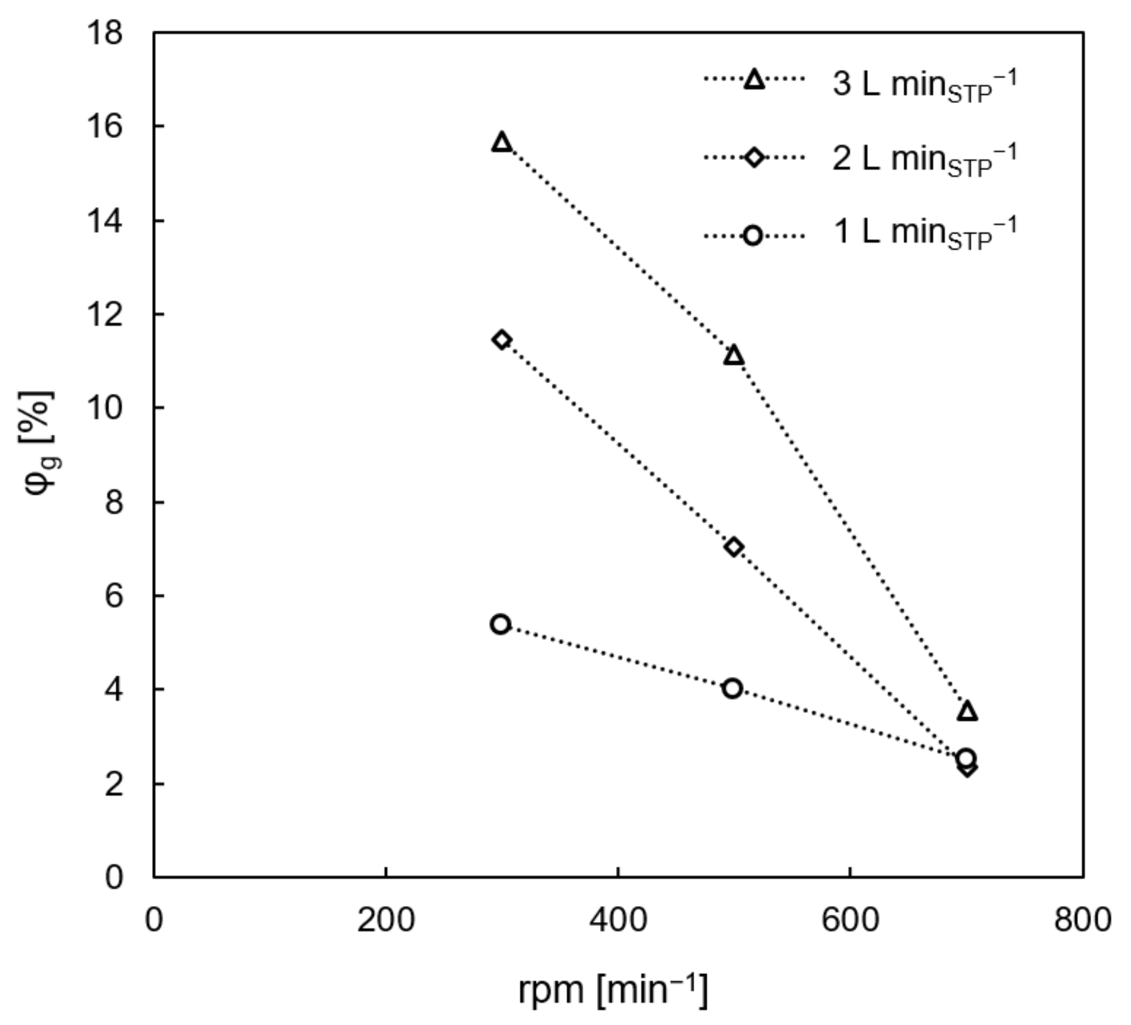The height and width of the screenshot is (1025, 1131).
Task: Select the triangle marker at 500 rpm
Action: pyautogui.click(x=734, y=356)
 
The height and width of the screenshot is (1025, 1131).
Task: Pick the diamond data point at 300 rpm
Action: pyautogui.click(x=502, y=339)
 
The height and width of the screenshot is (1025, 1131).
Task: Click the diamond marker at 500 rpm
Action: pyautogui.click(x=733, y=546)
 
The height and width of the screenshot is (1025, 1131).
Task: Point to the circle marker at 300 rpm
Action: pyautogui.click(x=501, y=624)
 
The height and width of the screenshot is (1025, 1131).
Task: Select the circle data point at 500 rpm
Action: pyautogui.click(x=732, y=688)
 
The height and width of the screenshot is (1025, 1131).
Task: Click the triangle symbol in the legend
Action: pyautogui.click(x=754, y=79)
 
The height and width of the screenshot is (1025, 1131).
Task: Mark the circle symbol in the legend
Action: pyautogui.click(x=753, y=235)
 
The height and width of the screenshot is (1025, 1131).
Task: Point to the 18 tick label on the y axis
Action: pyautogui.click(x=104, y=33)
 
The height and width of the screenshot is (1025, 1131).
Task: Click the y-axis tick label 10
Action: pyautogui.click(x=104, y=408)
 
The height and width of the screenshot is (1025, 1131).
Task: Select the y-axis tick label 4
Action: pyautogui.click(x=113, y=689)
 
